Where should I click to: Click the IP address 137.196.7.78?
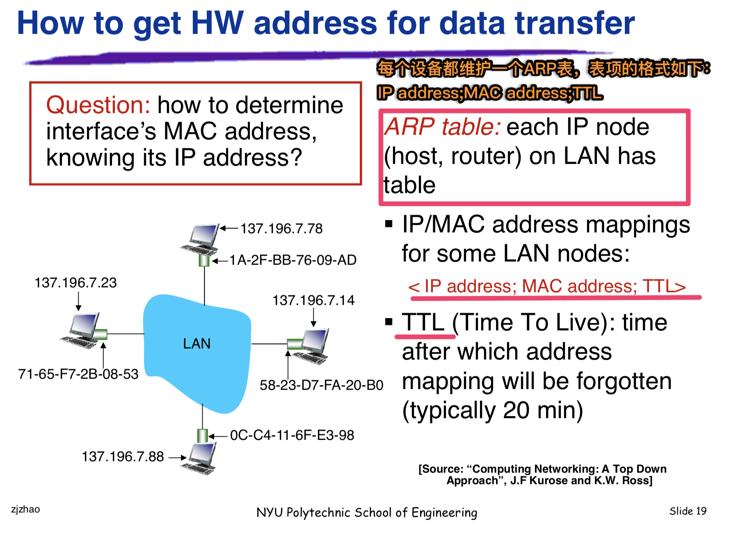click(x=281, y=228)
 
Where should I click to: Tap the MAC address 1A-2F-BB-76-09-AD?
click(x=293, y=260)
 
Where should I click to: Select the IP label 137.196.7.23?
click(x=75, y=283)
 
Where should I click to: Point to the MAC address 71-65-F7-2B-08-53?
click(x=78, y=374)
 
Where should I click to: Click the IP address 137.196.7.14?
click(x=313, y=300)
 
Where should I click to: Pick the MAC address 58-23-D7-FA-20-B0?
click(x=322, y=385)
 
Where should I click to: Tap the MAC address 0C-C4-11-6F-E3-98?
click(x=292, y=435)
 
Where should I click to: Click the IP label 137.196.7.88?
click(x=123, y=456)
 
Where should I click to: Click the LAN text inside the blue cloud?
click(x=197, y=344)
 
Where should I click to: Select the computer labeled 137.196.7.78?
click(x=200, y=240)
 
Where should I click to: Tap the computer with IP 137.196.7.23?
click(x=81, y=331)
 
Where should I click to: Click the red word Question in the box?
click(x=98, y=105)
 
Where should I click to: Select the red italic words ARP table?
click(x=442, y=126)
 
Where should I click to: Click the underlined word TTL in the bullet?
click(x=423, y=322)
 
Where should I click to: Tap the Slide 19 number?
click(x=688, y=511)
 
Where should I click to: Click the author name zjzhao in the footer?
click(x=25, y=509)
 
